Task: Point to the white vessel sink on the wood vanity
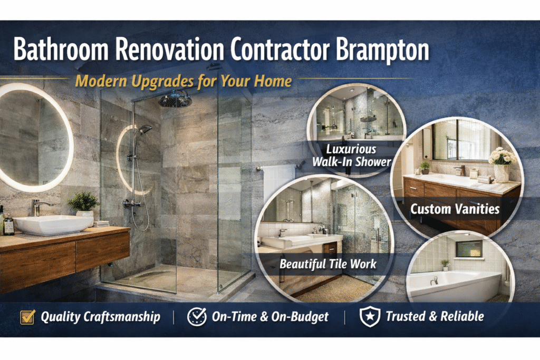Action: point(53,223)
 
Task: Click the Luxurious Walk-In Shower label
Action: point(351,155)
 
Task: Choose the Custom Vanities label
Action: point(455,209)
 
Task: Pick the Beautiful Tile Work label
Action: point(328,263)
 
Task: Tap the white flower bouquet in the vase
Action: point(502,157)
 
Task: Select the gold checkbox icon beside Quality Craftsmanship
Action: point(27,317)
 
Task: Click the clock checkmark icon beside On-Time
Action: point(197,316)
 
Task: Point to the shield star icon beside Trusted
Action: point(370,317)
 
